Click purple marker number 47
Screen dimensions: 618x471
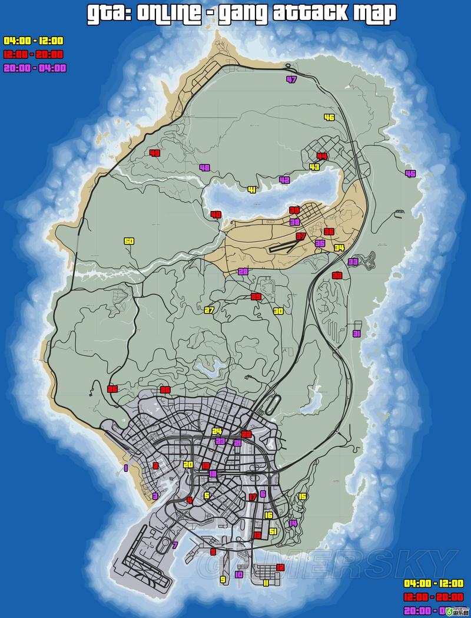click(x=291, y=80)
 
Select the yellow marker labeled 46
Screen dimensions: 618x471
click(x=329, y=117)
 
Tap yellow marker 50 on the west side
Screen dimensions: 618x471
click(x=129, y=241)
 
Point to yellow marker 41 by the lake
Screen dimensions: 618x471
click(x=252, y=190)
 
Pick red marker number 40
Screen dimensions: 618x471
click(x=216, y=214)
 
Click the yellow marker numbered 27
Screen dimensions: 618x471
click(x=209, y=310)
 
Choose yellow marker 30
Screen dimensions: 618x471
click(x=278, y=311)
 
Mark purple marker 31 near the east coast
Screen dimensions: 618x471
click(x=356, y=333)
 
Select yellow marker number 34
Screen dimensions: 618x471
click(x=339, y=248)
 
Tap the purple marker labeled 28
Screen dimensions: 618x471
click(x=243, y=272)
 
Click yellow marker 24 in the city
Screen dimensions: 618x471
click(x=217, y=431)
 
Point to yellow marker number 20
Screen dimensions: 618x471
click(x=188, y=464)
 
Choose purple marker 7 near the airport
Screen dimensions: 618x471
click(x=175, y=545)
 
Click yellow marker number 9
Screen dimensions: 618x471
click(x=223, y=580)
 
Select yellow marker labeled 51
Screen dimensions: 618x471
click(x=273, y=531)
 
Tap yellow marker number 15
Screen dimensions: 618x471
click(x=303, y=497)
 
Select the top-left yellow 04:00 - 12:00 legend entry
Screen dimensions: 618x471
click(x=34, y=41)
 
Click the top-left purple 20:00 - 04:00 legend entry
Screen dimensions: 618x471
click(x=35, y=68)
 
